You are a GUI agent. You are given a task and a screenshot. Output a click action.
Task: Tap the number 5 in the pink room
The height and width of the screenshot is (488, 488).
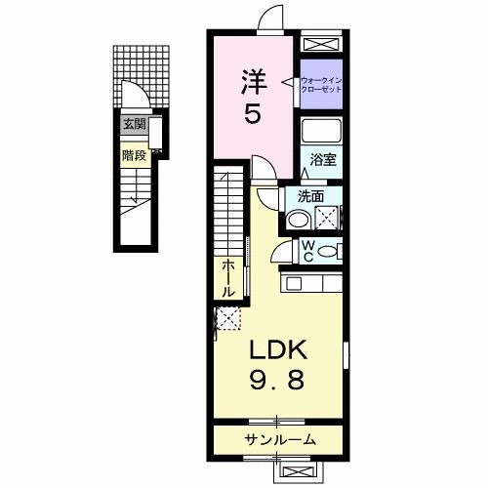coord(252,115)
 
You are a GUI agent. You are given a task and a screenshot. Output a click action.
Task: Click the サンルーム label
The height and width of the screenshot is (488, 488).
coord(280,439)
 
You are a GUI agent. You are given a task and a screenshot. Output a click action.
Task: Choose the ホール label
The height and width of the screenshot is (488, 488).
coord(227,278)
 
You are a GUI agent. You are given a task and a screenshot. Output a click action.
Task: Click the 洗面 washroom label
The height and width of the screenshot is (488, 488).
coord(312,195)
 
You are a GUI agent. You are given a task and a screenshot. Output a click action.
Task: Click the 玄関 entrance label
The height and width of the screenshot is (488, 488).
coord(134,124)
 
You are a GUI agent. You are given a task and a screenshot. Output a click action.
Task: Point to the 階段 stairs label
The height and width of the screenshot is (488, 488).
coord(134,153)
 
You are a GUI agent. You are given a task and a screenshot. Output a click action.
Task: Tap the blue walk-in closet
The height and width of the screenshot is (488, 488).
coord(322,84)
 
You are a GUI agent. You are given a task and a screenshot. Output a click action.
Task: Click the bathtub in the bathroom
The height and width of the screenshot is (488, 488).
coord(321,132)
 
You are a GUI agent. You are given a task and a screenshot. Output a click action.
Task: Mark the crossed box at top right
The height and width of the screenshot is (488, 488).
coord(322,44)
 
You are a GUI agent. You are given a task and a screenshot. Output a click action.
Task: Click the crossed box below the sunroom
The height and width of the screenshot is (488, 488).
coord(297,470)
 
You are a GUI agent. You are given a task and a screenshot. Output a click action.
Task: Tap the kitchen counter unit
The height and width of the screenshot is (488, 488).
coord(312,284)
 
